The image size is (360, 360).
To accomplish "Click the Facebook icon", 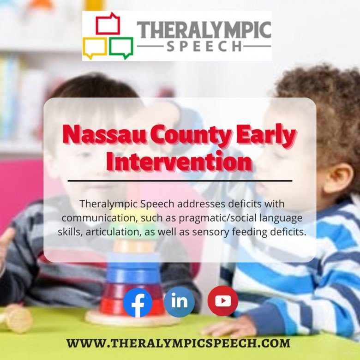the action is tap(138, 303).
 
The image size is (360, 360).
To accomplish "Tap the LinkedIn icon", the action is tap(180, 302).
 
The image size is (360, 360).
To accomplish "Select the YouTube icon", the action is tap(223, 301).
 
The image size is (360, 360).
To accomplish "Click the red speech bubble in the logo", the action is tap(108, 24).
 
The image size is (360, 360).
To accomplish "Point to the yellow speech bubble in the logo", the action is tap(94, 48).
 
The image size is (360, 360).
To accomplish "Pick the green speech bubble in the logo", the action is tap(121, 48).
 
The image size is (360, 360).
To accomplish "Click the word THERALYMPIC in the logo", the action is tap(204, 30).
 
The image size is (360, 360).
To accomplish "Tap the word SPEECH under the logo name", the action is tap(204, 46).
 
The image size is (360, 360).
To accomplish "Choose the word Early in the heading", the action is tap(266, 136).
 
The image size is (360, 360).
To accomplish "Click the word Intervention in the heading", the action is tap(180, 162).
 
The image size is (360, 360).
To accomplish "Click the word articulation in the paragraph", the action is tap(113, 232).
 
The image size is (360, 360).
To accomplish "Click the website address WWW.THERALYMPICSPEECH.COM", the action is tap(179, 343).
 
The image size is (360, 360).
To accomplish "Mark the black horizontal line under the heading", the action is tap(180, 181).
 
